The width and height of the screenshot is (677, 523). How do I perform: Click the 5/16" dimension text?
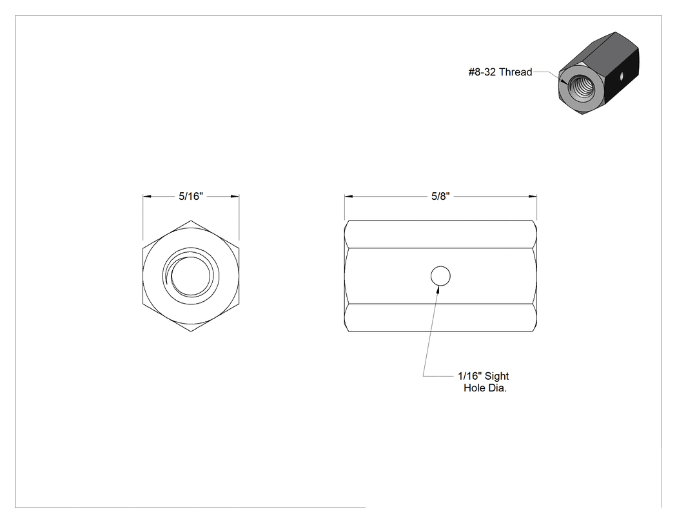pos(191,197)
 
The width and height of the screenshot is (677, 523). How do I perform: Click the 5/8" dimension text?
pos(440,197)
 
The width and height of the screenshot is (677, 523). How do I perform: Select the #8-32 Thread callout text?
pos(500,72)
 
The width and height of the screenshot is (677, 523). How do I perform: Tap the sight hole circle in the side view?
pos(440,276)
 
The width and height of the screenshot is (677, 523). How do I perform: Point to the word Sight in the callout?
pos(496,376)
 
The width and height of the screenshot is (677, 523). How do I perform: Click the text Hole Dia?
pos(485,388)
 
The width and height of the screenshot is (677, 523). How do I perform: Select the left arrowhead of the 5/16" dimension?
pos(147,197)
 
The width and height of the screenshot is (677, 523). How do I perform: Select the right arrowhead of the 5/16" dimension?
pos(235,197)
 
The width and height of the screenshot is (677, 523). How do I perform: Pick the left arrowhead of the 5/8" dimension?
pos(348,197)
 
